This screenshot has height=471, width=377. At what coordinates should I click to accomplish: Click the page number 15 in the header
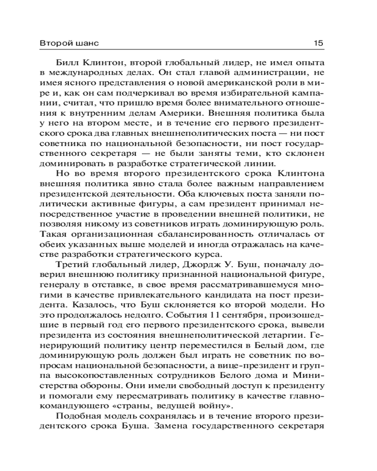[x=318, y=43]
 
